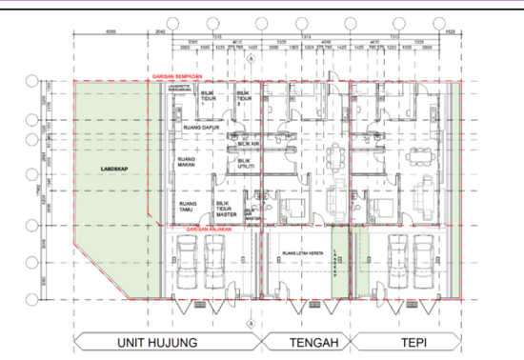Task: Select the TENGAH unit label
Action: [x=303, y=343]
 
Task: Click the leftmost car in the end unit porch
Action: [x=187, y=262]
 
